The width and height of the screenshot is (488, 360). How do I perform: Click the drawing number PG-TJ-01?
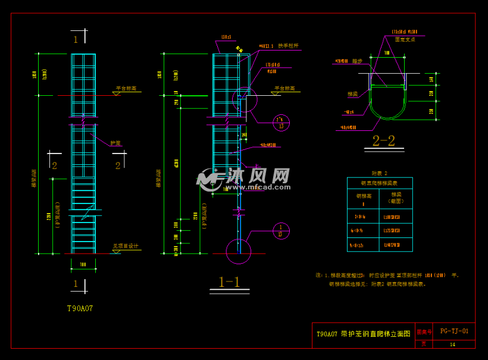click(x=454, y=331)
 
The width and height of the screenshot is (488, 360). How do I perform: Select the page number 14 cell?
click(x=452, y=345)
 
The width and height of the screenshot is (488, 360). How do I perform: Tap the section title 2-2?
click(x=383, y=141)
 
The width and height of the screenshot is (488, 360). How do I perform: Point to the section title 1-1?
click(x=229, y=282)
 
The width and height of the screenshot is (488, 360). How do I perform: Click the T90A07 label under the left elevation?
click(x=80, y=309)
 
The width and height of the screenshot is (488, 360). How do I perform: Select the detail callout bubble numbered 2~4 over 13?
click(x=281, y=123)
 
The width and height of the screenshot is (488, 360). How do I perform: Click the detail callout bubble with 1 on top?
click(x=281, y=231)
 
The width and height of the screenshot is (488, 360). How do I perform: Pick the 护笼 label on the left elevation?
click(x=115, y=143)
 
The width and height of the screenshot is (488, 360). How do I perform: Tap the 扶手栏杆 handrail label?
click(x=288, y=45)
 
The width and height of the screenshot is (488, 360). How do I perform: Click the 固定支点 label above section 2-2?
click(x=405, y=39)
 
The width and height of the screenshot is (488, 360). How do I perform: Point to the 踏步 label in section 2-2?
click(x=357, y=61)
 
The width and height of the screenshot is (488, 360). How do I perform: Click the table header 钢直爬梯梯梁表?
click(x=379, y=183)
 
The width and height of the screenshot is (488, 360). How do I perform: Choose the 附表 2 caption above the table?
click(x=379, y=173)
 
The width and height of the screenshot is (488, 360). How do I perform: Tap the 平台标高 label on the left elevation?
click(x=126, y=88)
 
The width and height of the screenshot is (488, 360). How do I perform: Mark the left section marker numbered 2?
click(x=54, y=165)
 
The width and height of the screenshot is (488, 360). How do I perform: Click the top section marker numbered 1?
click(x=76, y=40)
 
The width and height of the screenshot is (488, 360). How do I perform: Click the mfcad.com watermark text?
click(x=266, y=187)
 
